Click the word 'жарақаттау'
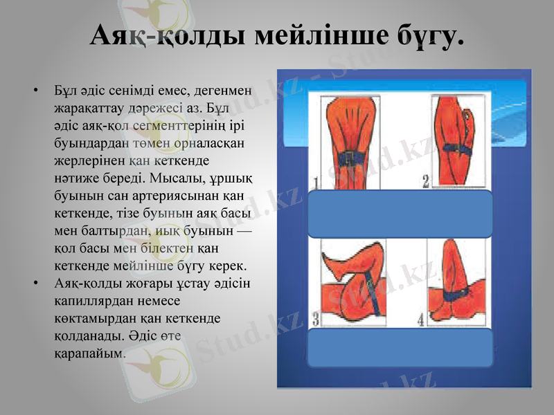pos(84,107)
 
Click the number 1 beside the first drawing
pos(316,182)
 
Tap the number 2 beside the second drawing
pos(427,182)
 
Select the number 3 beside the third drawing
pos(316,319)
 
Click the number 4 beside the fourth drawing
pos(421,320)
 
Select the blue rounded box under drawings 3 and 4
pos(400,347)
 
